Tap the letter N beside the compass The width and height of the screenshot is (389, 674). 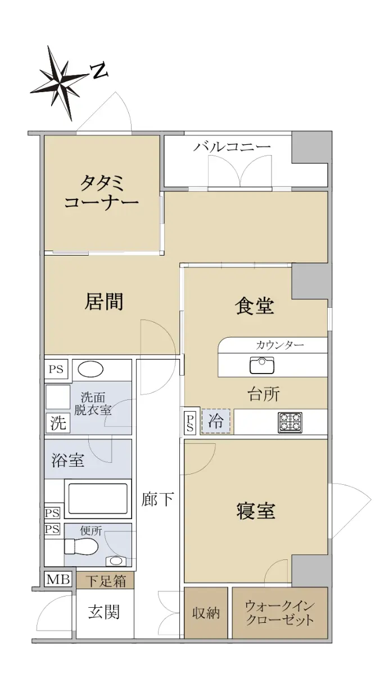pyautogui.click(x=99, y=71)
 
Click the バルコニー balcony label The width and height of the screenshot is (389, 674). pyautogui.click(x=232, y=147)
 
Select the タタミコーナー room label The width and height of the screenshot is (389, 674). pyautogui.click(x=101, y=193)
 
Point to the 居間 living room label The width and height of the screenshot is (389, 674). pyautogui.click(x=104, y=301)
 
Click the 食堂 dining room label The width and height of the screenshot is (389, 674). pyautogui.click(x=255, y=306)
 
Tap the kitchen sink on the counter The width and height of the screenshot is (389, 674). pyautogui.click(x=261, y=365)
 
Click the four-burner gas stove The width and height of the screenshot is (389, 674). pyautogui.click(x=290, y=422)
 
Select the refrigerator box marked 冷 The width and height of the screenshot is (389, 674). pyautogui.click(x=216, y=421)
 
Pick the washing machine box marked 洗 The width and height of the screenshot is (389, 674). pyautogui.click(x=57, y=423)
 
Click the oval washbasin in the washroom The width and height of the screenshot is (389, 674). pyautogui.click(x=91, y=369)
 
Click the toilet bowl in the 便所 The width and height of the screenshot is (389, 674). pyautogui.click(x=82, y=547)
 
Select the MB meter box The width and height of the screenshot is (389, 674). pyautogui.click(x=58, y=579)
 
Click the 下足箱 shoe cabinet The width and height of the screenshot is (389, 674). pyautogui.click(x=105, y=580)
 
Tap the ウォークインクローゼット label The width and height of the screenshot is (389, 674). pyautogui.click(x=280, y=613)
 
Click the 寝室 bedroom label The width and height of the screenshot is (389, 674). pyautogui.click(x=256, y=511)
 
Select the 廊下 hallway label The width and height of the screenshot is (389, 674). pyautogui.click(x=157, y=499)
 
